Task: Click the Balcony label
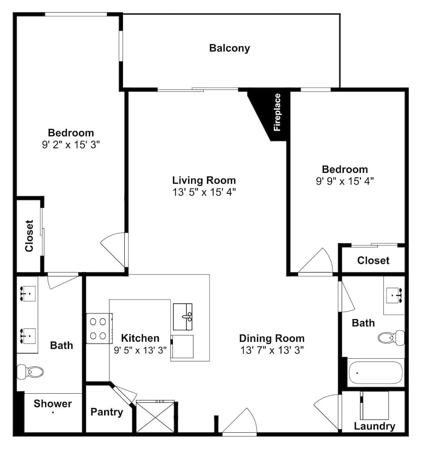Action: point(229,48)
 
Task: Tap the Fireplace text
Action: point(277,112)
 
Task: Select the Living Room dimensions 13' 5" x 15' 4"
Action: point(204,192)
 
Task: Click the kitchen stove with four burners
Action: point(99,329)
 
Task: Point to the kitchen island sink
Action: point(183,317)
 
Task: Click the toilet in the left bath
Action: point(30,372)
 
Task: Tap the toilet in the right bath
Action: point(391,338)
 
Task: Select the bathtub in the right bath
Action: point(376,373)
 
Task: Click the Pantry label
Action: point(107,412)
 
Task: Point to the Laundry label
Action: point(374,426)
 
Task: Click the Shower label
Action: point(53,404)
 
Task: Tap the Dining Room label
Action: point(272,338)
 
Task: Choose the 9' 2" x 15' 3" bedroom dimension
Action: point(71,145)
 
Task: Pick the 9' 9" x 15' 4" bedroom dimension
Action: point(345,181)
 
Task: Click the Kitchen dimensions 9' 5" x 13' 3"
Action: point(140,350)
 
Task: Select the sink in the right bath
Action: point(394,295)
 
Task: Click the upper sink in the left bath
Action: point(27,294)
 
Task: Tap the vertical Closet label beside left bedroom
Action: point(29,236)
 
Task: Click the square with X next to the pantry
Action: point(155,417)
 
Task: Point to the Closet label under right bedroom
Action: point(373,260)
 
